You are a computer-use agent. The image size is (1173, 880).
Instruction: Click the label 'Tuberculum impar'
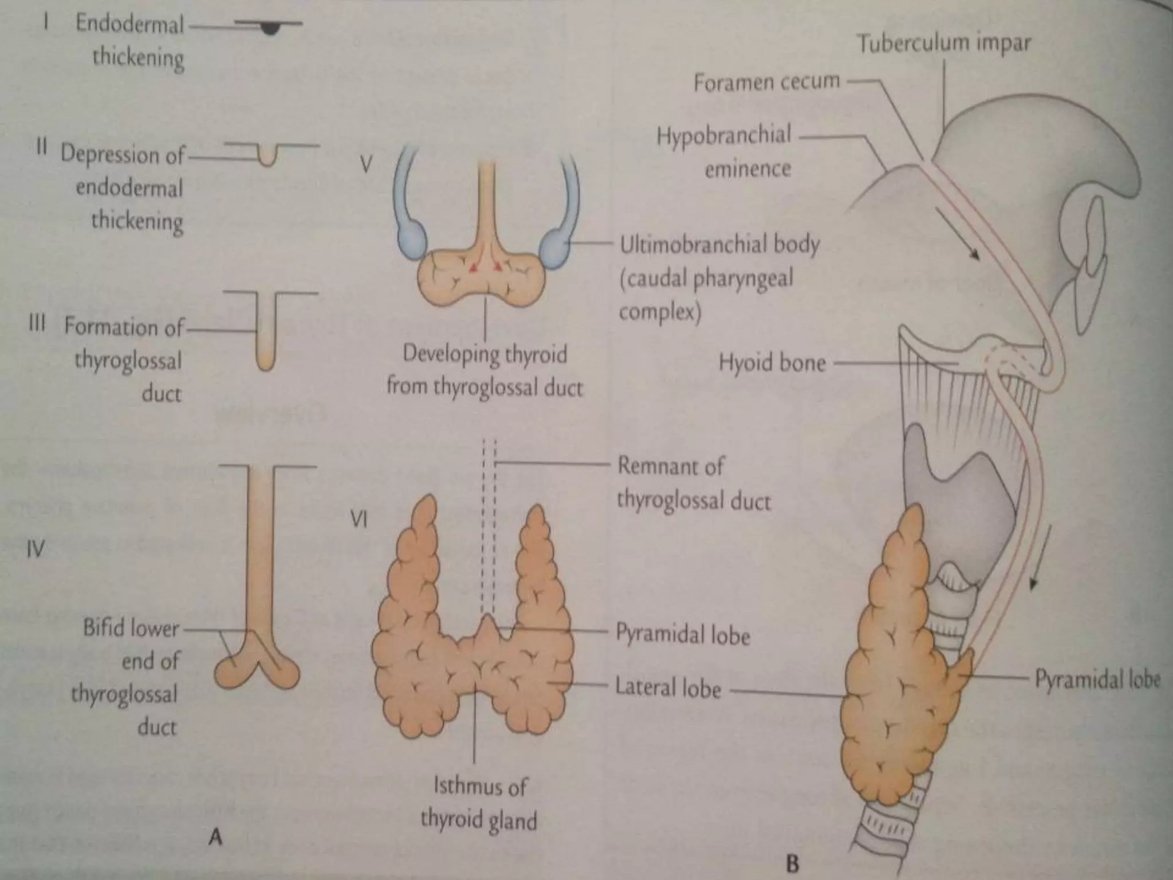click(943, 44)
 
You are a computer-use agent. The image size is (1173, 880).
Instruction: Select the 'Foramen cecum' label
click(766, 82)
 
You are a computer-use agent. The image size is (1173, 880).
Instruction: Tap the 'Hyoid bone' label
click(772, 363)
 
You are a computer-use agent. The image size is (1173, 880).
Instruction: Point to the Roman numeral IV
click(35, 549)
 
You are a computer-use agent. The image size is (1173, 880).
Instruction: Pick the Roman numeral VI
click(359, 520)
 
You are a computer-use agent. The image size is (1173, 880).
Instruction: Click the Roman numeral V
click(366, 164)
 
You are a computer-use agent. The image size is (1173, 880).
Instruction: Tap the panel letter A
click(215, 838)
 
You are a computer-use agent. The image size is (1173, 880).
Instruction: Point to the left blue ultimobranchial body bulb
click(411, 237)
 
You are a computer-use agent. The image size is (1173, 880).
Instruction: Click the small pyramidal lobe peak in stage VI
click(487, 626)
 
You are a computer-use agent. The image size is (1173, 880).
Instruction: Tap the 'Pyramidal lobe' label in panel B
click(1097, 679)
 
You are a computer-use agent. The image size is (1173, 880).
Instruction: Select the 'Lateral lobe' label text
click(668, 687)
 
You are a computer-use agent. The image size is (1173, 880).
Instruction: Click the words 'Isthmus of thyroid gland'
click(479, 803)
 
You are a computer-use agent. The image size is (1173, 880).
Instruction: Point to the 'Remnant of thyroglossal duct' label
click(693, 484)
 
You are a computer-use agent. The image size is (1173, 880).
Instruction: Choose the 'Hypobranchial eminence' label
click(725, 152)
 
